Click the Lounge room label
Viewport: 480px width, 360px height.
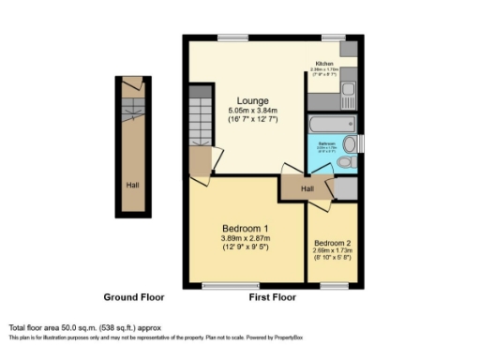point(252,100)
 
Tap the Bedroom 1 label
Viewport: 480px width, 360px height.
point(246,229)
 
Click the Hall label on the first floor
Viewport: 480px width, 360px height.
point(307,188)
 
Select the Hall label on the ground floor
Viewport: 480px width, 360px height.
point(132,184)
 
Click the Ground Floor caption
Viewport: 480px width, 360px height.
point(134,297)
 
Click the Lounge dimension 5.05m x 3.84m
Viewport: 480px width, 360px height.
point(252,112)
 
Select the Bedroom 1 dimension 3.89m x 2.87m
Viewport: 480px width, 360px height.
point(246,240)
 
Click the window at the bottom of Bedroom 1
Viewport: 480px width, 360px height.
point(218,284)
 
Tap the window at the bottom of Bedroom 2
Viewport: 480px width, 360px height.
point(334,284)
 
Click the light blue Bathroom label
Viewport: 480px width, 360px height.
point(324,145)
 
